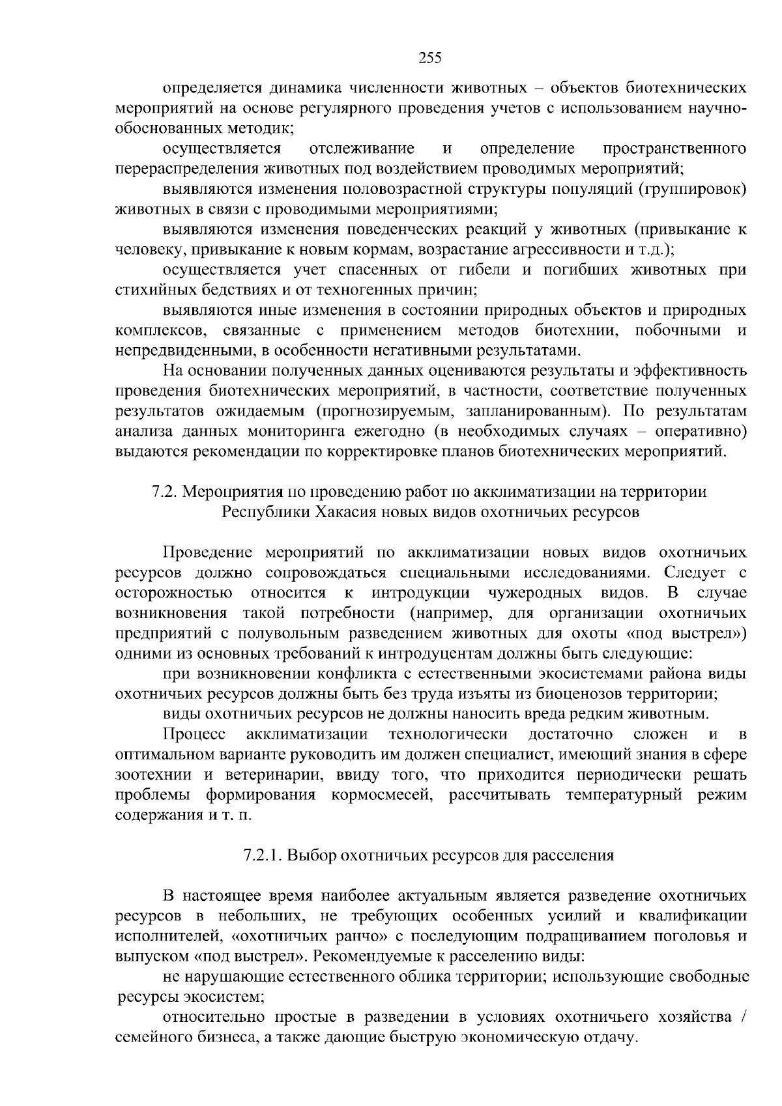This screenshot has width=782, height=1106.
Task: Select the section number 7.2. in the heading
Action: pos(166,492)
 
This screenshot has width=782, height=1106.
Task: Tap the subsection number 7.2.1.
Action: pos(263,855)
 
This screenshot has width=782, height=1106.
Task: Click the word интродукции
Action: pos(421,593)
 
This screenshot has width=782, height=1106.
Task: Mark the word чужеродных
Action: pos(535,593)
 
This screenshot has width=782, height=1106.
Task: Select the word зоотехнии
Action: pos(153,774)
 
